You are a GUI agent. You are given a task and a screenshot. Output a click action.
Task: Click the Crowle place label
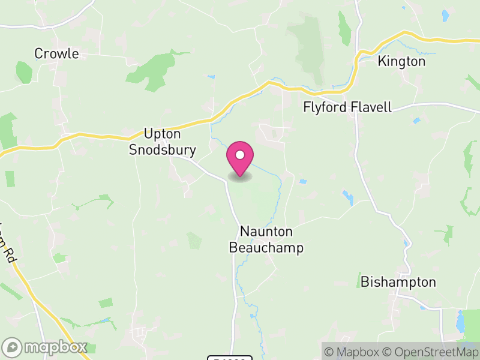pyautogui.click(x=56, y=53)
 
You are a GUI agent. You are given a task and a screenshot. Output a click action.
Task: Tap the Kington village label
pyautogui.click(x=401, y=61)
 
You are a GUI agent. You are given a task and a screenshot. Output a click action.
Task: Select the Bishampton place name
pyautogui.click(x=398, y=282)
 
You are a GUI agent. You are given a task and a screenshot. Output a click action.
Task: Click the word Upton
pyautogui.click(x=161, y=134)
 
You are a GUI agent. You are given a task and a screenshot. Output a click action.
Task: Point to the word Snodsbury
pyautogui.click(x=163, y=149)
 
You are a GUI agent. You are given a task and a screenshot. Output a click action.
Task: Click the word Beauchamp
pyautogui.click(x=266, y=248)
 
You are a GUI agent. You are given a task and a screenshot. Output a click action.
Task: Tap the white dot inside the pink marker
pyautogui.click(x=240, y=155)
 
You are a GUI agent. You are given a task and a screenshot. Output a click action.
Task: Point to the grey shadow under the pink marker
pyautogui.click(x=240, y=177)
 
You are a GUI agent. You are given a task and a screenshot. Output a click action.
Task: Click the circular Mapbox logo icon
pyautogui.click(x=13, y=347)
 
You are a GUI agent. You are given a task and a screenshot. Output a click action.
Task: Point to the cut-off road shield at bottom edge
pyautogui.click(x=230, y=358)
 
